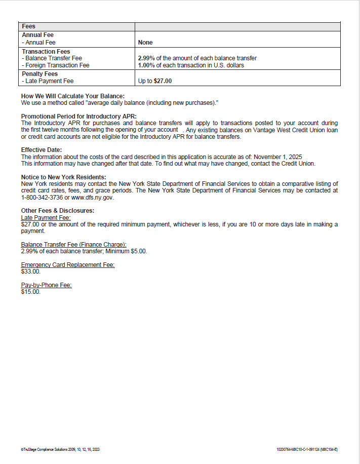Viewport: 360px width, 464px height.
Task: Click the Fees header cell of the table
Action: click(29, 26)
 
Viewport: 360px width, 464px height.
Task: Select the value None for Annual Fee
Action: click(145, 43)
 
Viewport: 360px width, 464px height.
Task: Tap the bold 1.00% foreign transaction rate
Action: click(146, 65)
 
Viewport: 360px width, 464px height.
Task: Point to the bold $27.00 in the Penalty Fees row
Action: click(163, 81)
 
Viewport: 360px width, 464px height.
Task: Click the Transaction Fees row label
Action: click(46, 52)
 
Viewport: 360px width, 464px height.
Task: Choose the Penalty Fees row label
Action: click(40, 73)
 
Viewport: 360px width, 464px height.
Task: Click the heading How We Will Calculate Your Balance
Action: click(72, 96)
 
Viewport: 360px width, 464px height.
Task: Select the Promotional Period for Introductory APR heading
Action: click(78, 117)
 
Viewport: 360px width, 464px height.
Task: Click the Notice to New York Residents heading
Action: click(63, 177)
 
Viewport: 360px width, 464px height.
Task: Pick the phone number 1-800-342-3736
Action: click(42, 197)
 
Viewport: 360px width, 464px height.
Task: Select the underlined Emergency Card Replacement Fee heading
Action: click(68, 265)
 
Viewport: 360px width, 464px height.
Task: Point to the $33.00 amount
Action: click(30, 272)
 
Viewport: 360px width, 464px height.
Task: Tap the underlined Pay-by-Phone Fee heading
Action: click(46, 285)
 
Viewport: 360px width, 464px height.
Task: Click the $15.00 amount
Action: click(30, 292)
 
